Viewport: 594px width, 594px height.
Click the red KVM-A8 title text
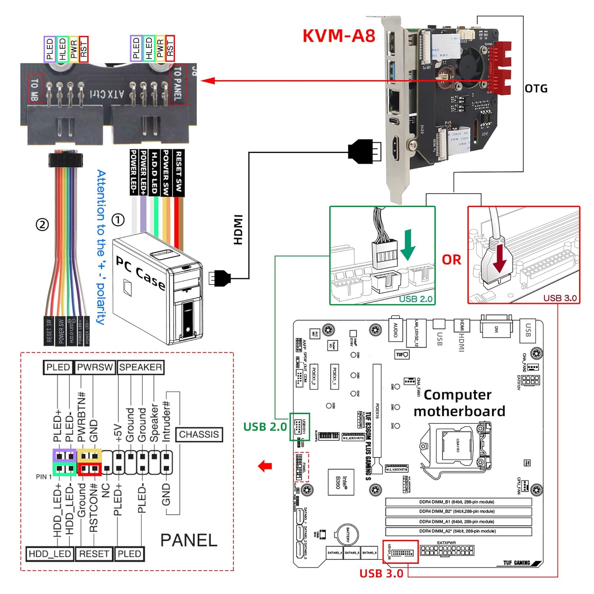[339, 36]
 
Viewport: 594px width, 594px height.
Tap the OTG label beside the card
[536, 88]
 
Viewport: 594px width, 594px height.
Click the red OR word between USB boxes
[451, 260]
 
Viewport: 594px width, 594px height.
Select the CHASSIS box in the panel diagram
[199, 434]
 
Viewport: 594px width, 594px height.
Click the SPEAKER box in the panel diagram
[141, 367]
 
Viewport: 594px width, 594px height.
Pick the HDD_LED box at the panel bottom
[50, 554]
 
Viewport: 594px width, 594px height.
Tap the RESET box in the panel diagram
[94, 554]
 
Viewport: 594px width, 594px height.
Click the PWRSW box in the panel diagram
[95, 367]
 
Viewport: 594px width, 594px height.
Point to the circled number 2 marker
[42, 225]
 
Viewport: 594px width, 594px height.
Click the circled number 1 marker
[118, 220]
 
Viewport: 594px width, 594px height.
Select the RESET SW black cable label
[179, 172]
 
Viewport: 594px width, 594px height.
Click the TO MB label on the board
[35, 89]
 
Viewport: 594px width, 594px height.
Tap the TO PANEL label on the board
[178, 84]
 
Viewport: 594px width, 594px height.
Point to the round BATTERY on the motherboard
[347, 535]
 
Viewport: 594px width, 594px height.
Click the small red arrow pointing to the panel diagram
[265, 466]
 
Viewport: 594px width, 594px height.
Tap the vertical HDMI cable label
[238, 230]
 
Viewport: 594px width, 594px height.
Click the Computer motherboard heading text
[459, 403]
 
